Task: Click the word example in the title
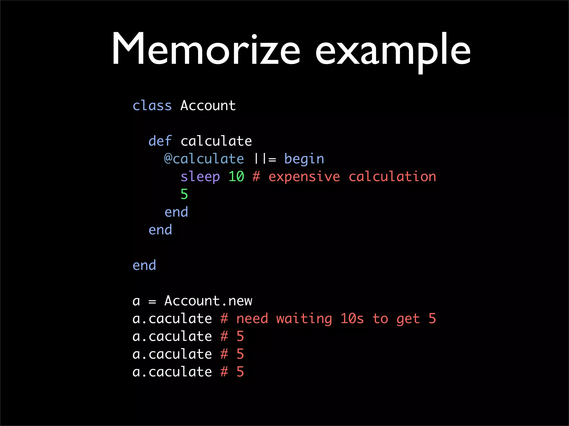(393, 51)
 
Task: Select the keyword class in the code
(152, 106)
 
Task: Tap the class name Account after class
(208, 106)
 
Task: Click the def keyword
(160, 141)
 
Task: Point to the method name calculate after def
(216, 141)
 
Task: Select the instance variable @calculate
(204, 159)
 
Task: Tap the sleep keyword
(200, 177)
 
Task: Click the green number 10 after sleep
(236, 177)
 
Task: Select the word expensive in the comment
(304, 177)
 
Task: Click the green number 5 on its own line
(184, 194)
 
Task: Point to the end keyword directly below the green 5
(176, 212)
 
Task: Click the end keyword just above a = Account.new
(144, 265)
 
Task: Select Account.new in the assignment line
(208, 301)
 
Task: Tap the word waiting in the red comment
(304, 319)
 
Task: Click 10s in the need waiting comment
(352, 319)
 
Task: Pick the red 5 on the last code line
(240, 372)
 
